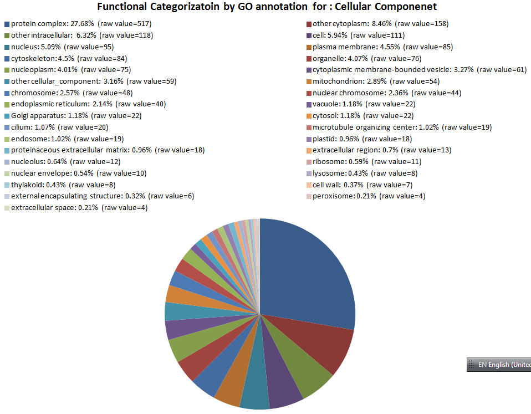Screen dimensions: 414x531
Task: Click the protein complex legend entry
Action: click(78, 24)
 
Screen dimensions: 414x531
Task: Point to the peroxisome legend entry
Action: click(365, 196)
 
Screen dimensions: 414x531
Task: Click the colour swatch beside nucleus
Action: click(7, 47)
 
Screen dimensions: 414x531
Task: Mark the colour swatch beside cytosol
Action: click(308, 116)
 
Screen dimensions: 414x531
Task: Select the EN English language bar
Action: click(499, 365)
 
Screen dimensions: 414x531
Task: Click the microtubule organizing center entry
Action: click(399, 127)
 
